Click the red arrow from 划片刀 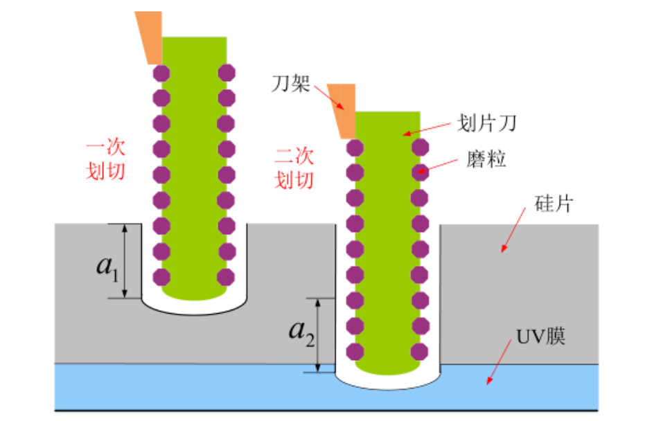430,129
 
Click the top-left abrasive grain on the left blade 161,72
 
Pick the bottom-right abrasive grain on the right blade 418,350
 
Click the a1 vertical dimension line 125,261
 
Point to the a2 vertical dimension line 317,335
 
